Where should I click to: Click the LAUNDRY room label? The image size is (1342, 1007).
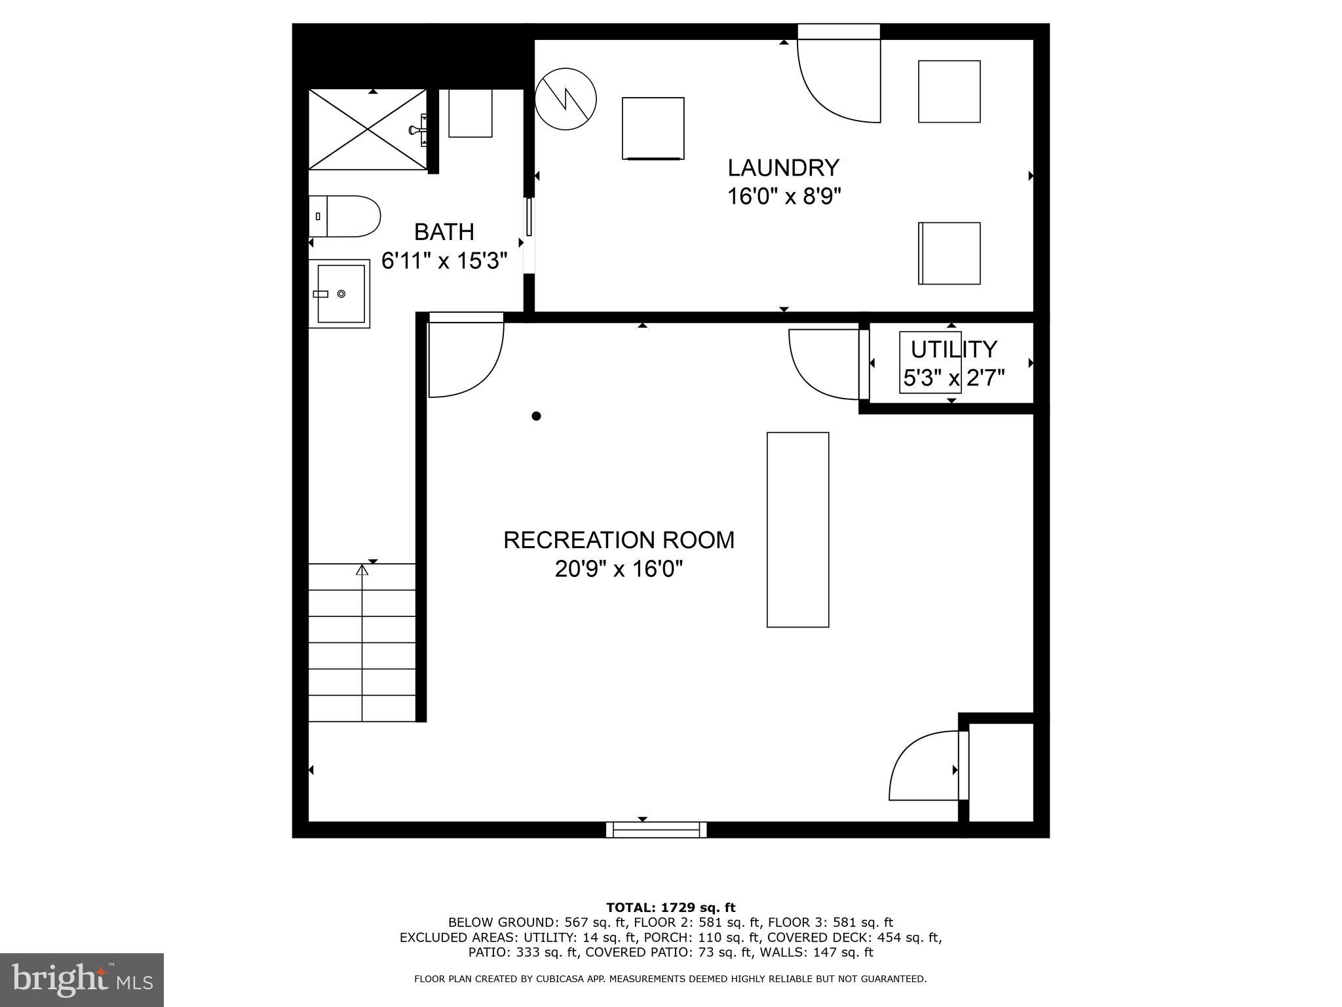[783, 168]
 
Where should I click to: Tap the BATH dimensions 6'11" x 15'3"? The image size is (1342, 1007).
[444, 262]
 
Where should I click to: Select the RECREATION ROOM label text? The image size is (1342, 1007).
[619, 540]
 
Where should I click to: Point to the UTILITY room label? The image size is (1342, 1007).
[953, 349]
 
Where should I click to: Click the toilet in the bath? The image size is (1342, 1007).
[345, 216]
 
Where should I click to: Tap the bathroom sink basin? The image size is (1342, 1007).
[340, 294]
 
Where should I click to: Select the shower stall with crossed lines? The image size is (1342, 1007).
[368, 129]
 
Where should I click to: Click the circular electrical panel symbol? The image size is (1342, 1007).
[566, 99]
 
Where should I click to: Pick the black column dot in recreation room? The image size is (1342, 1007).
[536, 416]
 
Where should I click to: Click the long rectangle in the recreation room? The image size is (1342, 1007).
[797, 529]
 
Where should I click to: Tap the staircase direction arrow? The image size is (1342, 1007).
[362, 570]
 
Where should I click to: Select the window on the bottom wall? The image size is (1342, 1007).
[656, 829]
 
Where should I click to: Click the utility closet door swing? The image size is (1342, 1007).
[824, 364]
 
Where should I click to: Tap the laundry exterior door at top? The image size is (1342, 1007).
[839, 79]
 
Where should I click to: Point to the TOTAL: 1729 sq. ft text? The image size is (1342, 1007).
[670, 907]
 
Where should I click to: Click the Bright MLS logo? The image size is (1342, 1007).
[82, 979]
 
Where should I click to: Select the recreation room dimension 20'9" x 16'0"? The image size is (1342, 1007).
[619, 569]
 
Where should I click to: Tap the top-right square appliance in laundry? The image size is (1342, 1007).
[949, 91]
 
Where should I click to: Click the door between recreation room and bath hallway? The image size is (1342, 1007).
[465, 357]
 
